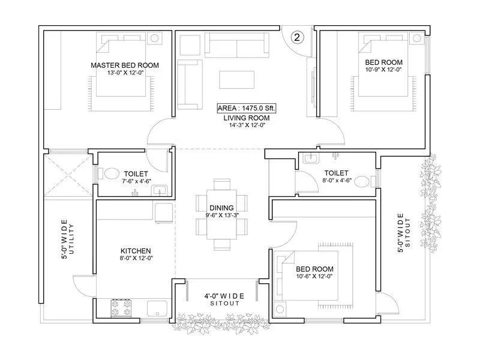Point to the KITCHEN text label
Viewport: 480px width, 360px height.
(x=135, y=251)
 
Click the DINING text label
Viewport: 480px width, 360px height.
(x=221, y=208)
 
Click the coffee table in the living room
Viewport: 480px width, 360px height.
(x=236, y=80)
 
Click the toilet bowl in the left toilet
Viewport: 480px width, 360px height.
(x=111, y=174)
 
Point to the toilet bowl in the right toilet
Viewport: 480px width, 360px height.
(x=362, y=180)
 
